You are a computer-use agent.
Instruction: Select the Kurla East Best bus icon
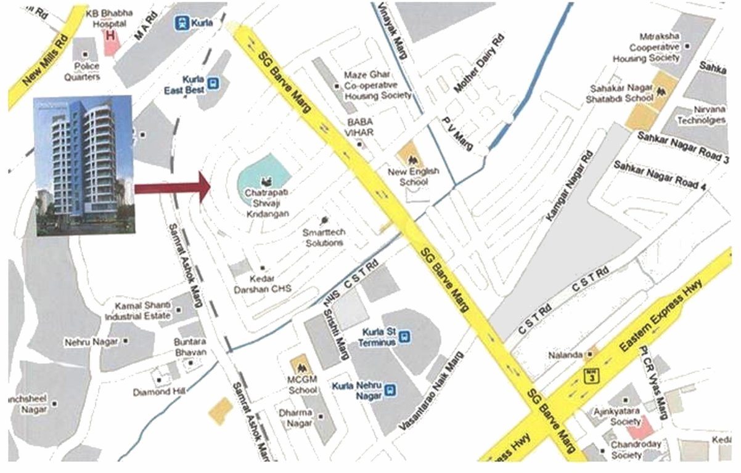(213, 83)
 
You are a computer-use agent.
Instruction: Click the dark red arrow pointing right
(173, 187)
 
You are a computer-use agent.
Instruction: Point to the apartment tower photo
(84, 165)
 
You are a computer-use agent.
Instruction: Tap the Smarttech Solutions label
(322, 238)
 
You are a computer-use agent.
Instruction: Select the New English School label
(413, 177)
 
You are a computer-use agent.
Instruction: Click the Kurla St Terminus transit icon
(404, 336)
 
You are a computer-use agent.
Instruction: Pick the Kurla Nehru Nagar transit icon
(390, 389)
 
